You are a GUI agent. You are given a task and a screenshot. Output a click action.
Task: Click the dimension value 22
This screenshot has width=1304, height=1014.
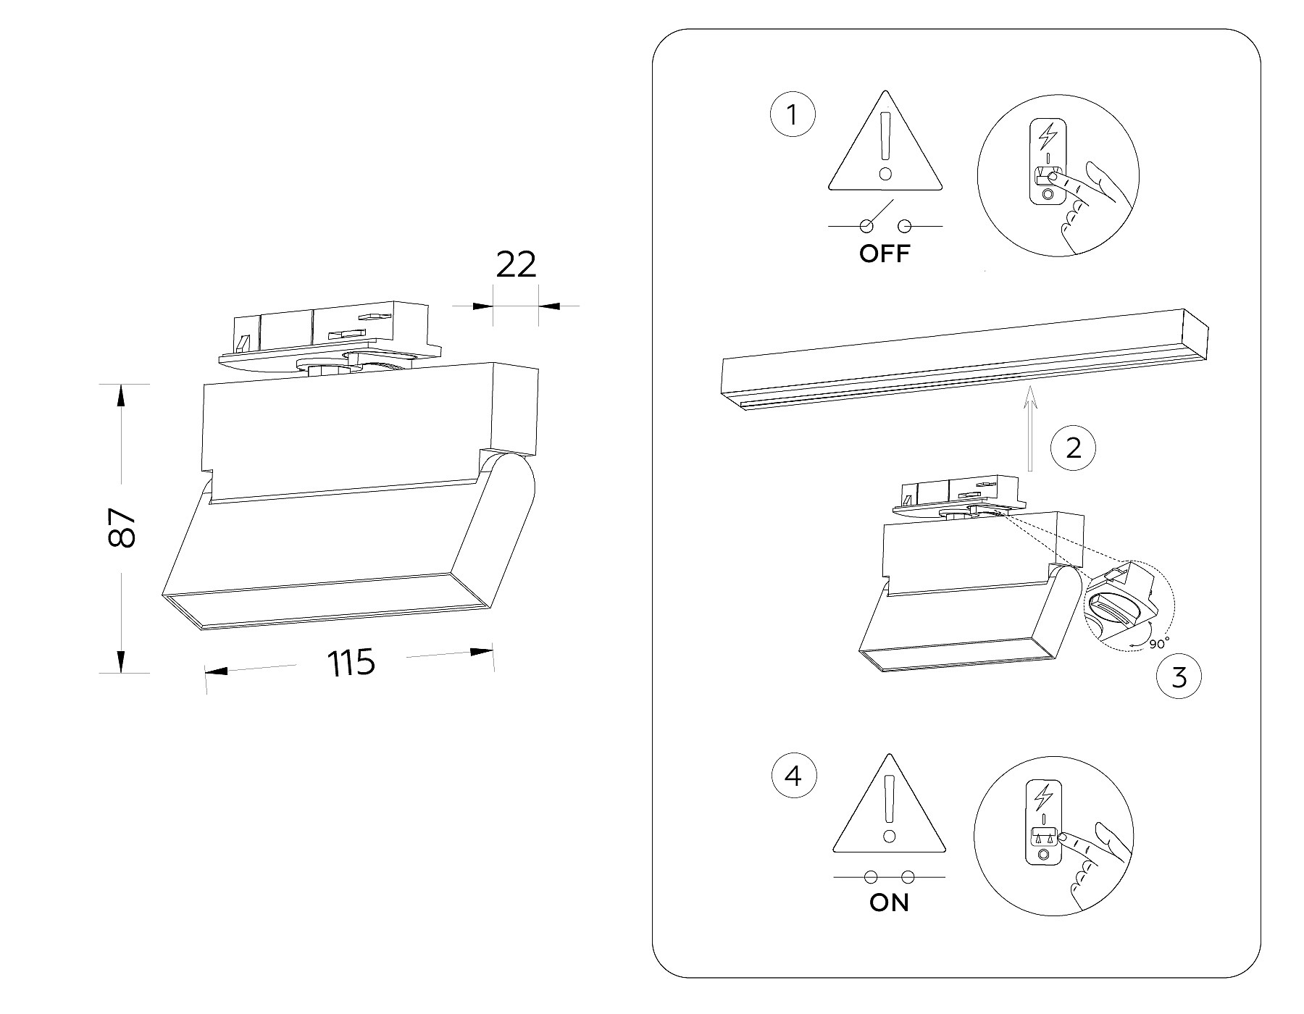(516, 265)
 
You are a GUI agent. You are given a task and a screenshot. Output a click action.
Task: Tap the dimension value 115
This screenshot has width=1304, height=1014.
(351, 662)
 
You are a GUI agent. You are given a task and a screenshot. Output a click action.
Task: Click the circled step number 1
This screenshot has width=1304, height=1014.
(792, 115)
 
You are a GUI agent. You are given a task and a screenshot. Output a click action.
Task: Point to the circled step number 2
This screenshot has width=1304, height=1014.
(1074, 448)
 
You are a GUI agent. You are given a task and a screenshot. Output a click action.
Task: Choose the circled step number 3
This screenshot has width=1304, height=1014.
(1179, 677)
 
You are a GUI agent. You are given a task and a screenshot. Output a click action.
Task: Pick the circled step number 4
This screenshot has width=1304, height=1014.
(794, 776)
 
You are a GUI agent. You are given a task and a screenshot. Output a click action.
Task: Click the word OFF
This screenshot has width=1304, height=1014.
(884, 254)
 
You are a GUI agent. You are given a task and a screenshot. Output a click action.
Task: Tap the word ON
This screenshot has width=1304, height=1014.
(889, 903)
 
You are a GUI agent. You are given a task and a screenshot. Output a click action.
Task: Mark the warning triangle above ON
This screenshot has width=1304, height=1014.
(889, 808)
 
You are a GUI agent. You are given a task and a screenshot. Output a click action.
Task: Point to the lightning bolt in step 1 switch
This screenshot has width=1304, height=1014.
(1048, 135)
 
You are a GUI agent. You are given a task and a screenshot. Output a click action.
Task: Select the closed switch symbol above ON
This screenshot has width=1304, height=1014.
(889, 877)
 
